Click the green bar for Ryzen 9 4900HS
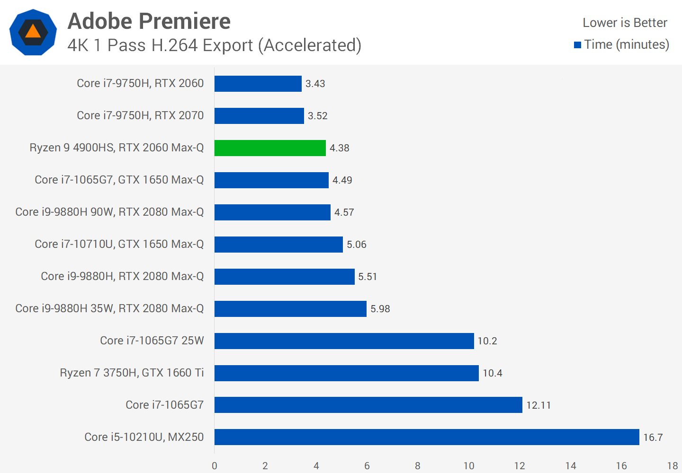tap(270, 148)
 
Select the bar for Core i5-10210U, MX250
tap(426, 437)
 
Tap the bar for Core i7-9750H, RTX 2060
tap(258, 84)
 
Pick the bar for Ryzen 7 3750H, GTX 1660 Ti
tap(346, 373)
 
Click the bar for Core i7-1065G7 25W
tap(344, 341)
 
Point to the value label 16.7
tap(653, 438)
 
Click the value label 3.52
tap(317, 116)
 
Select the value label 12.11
tap(538, 405)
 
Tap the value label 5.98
tap(380, 309)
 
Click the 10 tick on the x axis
tap(468, 466)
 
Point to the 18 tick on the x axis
tap(672, 466)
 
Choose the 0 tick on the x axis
tap(215, 466)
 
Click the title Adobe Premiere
tap(149, 21)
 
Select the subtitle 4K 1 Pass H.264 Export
tap(214, 45)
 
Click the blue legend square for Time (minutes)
tap(577, 45)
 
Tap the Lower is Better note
tap(625, 23)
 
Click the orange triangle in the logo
tap(33, 32)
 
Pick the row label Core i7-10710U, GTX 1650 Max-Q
tap(119, 245)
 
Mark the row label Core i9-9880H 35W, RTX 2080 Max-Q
tap(109, 309)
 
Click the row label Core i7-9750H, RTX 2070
tap(140, 116)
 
